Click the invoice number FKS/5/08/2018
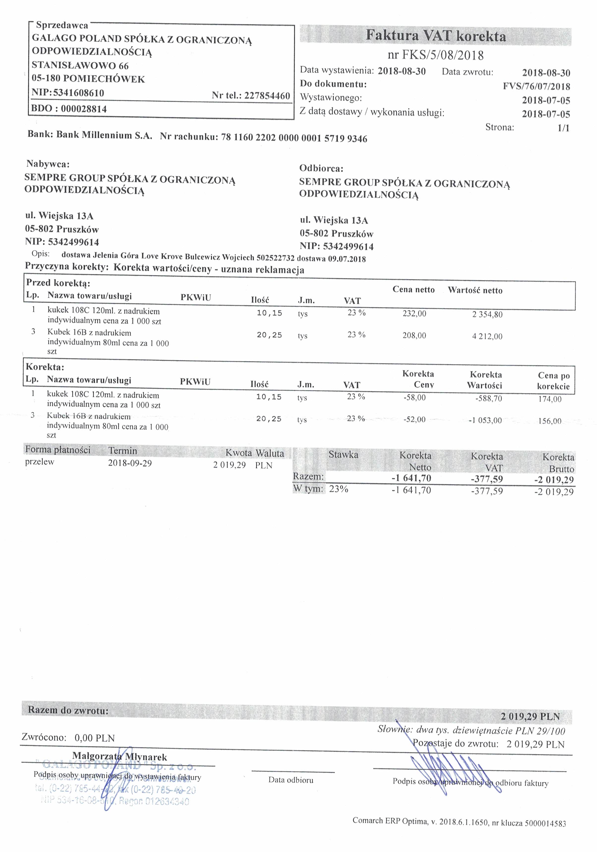click(436, 56)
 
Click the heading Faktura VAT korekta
click(436, 36)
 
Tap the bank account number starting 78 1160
click(294, 138)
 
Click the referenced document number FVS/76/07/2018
click(536, 87)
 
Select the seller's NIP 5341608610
click(78, 92)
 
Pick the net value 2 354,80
click(487, 315)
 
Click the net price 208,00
click(414, 336)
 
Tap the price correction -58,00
click(414, 398)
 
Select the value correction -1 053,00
click(485, 420)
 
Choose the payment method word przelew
click(40, 462)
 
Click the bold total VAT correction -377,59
click(487, 479)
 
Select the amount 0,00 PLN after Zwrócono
click(95, 738)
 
